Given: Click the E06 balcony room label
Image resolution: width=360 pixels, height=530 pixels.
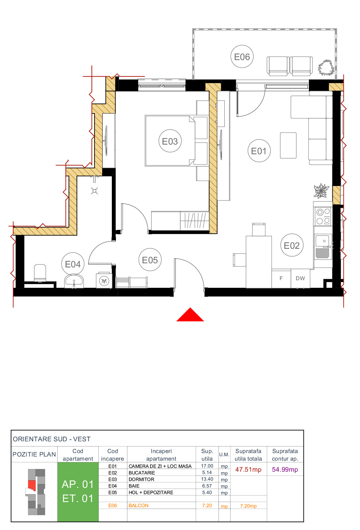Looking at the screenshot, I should tap(242, 57).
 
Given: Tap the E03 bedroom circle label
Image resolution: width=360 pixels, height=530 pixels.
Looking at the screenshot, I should tap(170, 141).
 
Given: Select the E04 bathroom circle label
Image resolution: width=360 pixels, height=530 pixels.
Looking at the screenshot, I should tap(73, 264).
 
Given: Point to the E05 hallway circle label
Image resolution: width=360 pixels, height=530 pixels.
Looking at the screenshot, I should tap(150, 260).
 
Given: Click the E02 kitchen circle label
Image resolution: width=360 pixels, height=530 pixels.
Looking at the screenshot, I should tap(292, 245).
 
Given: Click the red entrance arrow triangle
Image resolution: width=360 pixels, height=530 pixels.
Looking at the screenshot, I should tap(190, 315).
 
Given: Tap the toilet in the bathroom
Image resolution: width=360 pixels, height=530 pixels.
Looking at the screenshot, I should tap(40, 273).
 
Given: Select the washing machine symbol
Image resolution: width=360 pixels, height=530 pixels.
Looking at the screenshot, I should tap(104, 281).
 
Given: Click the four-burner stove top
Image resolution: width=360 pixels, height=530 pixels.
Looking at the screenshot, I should tap(323, 216).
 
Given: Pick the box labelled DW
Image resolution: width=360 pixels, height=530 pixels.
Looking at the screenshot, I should tap(300, 278).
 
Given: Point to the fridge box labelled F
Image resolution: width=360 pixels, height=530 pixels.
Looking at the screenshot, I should tap(281, 278).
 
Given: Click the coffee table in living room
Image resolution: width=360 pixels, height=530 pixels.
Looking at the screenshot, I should tap(288, 145).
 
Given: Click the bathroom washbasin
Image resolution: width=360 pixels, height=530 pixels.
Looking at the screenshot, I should tap(74, 281).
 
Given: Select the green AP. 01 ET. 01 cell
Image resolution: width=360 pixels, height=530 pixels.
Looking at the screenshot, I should tap(78, 491).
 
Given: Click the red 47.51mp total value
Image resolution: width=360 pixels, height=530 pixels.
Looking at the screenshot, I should tap(248, 470).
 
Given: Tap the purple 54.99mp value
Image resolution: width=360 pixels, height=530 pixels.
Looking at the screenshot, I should tap(285, 470).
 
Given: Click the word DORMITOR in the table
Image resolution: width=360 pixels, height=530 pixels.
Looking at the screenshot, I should tap(141, 479).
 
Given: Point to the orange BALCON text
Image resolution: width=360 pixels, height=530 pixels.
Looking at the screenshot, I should tap(138, 506).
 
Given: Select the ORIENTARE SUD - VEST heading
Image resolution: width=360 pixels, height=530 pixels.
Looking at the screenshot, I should tap(52, 439).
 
